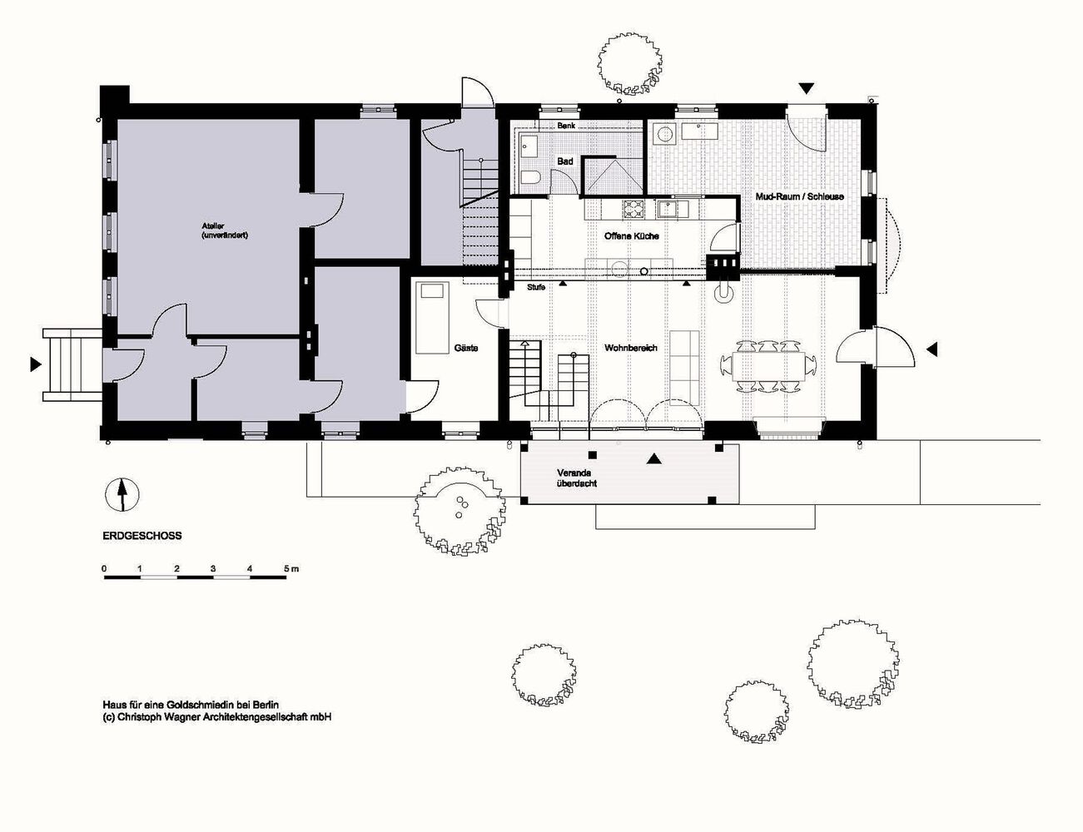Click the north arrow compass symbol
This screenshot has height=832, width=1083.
[x=122, y=495]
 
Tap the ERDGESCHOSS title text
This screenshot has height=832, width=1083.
[x=142, y=537]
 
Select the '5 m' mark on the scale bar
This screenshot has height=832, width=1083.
[x=291, y=568]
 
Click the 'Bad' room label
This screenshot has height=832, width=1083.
[x=565, y=161]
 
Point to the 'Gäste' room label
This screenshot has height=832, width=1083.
[x=466, y=348]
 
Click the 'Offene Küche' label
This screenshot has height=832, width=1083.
[x=632, y=236]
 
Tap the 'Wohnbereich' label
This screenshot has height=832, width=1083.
[x=631, y=348]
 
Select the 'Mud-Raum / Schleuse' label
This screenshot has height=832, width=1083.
[x=799, y=196]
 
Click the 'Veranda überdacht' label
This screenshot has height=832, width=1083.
[x=577, y=478]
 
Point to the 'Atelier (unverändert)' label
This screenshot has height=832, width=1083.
[x=225, y=231]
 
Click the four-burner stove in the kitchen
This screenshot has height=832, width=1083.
[x=633, y=209]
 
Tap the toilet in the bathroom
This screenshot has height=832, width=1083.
[x=530, y=176]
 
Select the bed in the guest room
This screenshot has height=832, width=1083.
[x=432, y=318]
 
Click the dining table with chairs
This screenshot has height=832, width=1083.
[x=768, y=366]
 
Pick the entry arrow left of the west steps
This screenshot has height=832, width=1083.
[x=36, y=364]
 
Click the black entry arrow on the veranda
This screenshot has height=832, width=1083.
[x=654, y=459]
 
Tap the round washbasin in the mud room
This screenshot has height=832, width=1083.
[x=663, y=133]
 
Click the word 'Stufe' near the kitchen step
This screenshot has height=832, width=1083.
[x=536, y=287]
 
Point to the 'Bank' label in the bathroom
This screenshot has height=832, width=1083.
[x=566, y=126]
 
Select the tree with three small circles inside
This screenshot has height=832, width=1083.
[x=460, y=511]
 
